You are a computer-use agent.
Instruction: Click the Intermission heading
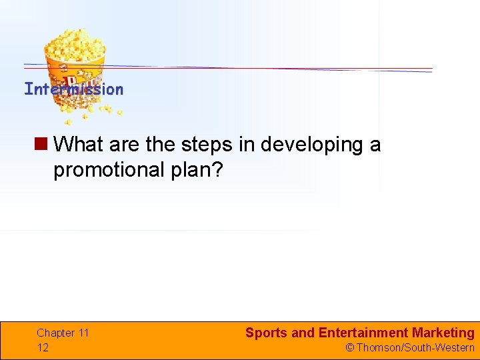(x=73, y=89)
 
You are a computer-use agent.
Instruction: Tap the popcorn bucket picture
(x=75, y=67)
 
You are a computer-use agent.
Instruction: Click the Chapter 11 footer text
(x=63, y=333)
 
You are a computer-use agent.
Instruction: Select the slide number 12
(x=43, y=347)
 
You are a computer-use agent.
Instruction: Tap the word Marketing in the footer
(x=443, y=333)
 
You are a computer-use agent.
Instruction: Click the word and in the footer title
(x=303, y=333)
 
